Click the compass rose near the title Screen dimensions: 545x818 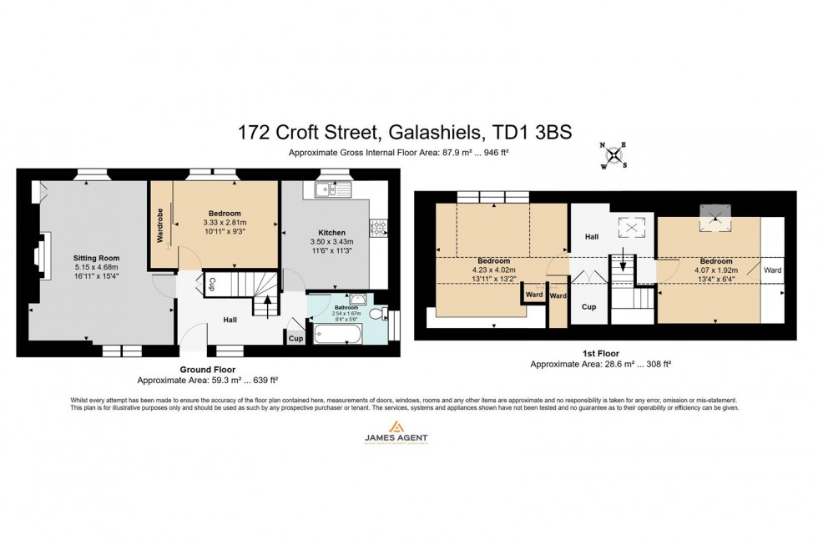[x=614, y=154]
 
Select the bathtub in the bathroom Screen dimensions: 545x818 [x=337, y=336]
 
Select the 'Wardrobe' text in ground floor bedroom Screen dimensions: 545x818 [x=160, y=225]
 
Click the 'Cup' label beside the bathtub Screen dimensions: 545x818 [x=295, y=338]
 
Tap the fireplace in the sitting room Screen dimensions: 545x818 [x=36, y=250]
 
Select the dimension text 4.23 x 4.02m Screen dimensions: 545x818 [x=494, y=270]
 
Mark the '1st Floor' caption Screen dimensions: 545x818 [x=600, y=354]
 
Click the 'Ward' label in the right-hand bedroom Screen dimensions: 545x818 [x=772, y=270]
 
